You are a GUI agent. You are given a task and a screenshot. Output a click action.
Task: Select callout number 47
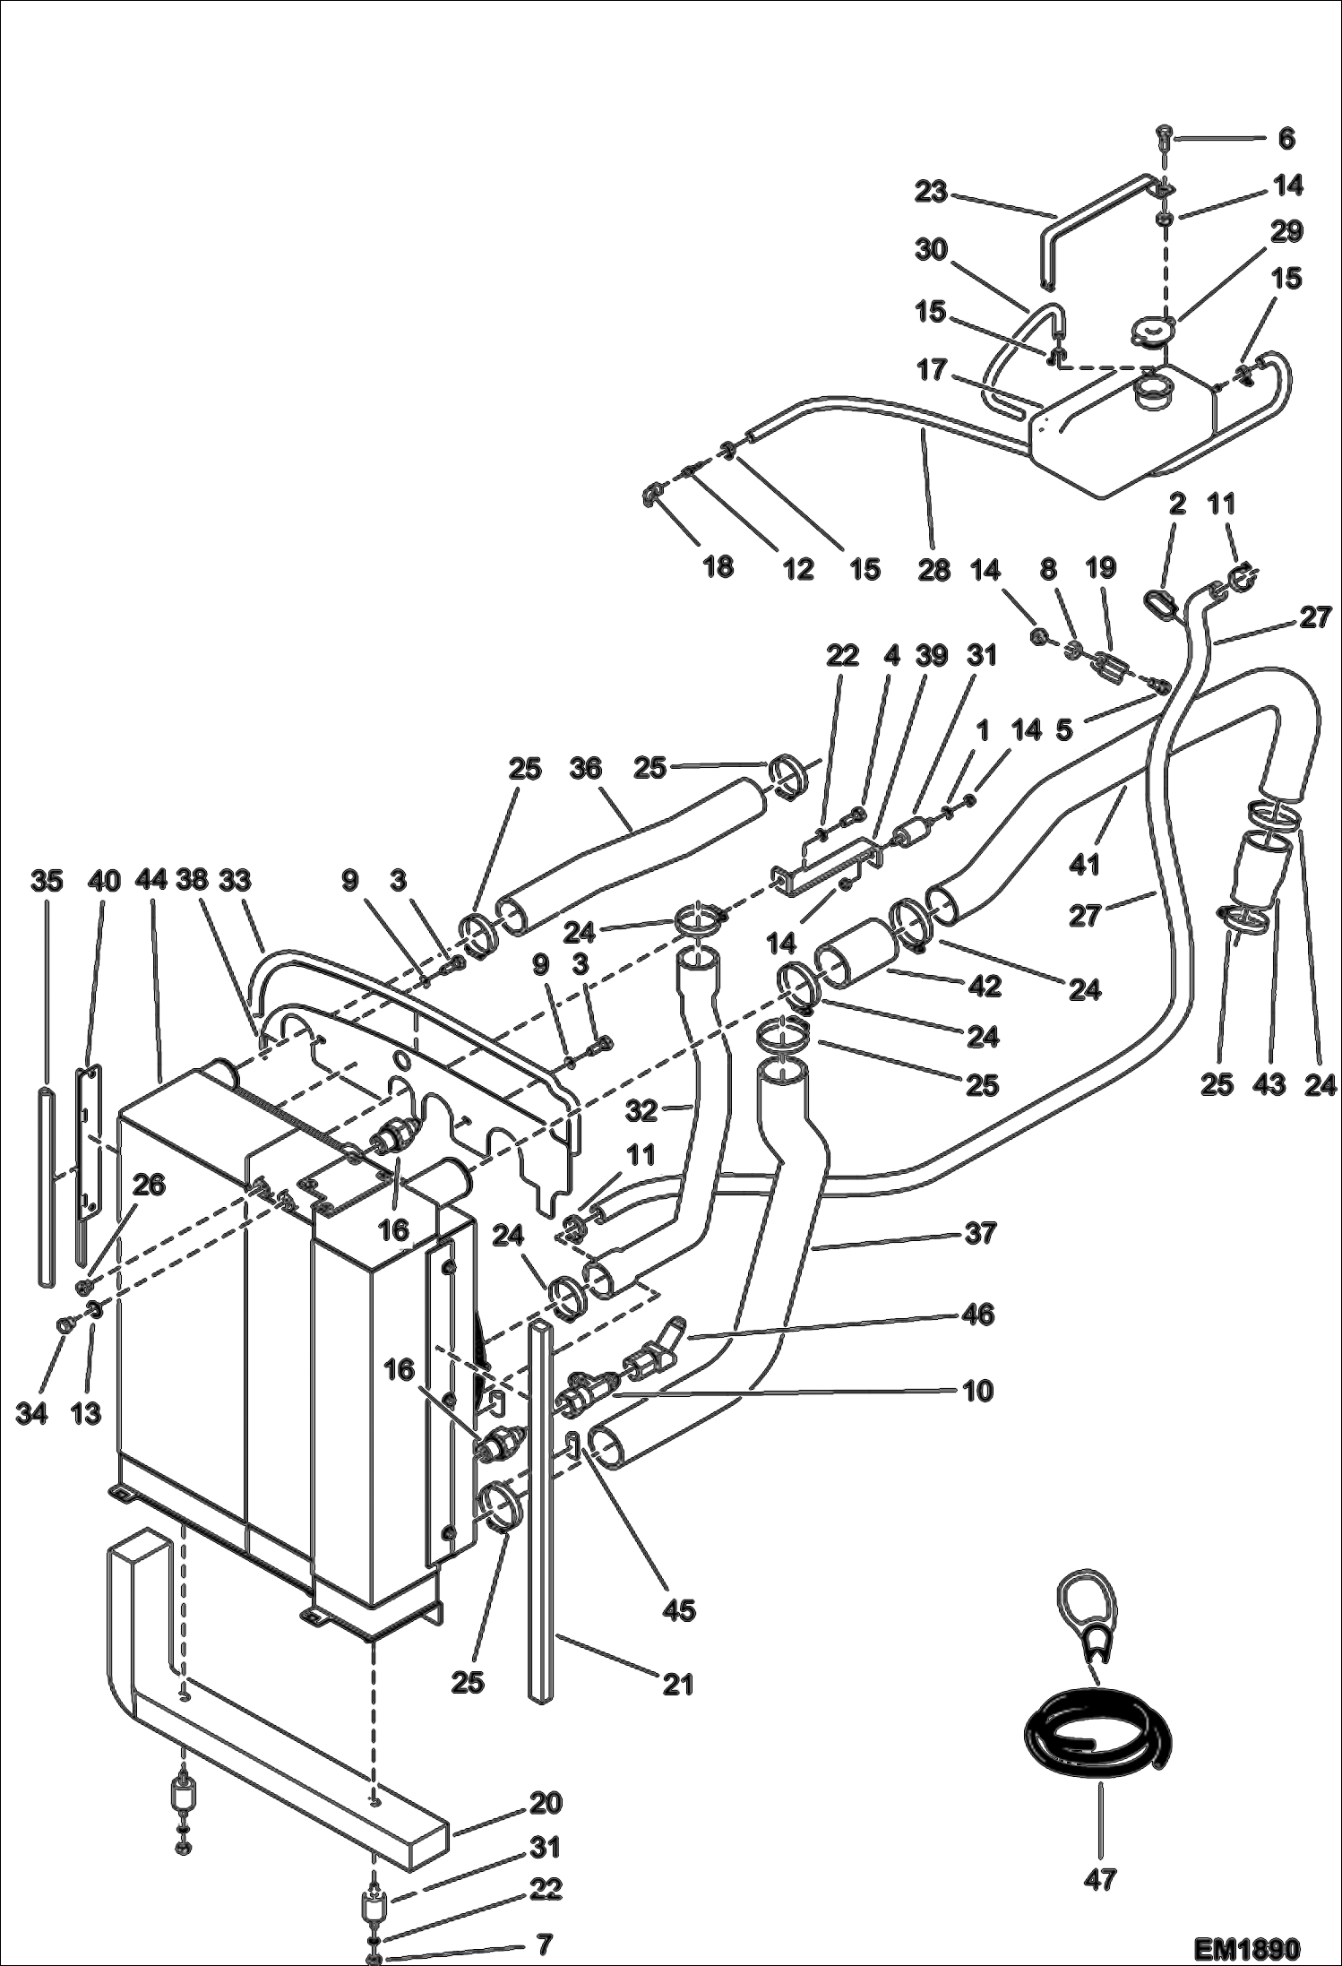click(x=1099, y=1879)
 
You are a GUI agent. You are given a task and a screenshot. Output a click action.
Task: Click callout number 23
click(x=931, y=192)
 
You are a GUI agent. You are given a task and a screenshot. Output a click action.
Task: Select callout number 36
click(x=585, y=768)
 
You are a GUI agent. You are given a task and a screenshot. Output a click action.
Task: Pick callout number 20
click(x=545, y=1801)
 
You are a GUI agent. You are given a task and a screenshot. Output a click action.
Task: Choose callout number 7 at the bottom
click(x=545, y=1944)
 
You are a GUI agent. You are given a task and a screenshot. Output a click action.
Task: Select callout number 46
click(x=978, y=1315)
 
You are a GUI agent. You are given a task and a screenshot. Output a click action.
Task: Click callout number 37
click(x=980, y=1233)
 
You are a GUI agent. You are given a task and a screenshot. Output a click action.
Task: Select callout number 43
click(x=1269, y=1084)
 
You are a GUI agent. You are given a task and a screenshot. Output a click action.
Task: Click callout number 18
click(x=718, y=566)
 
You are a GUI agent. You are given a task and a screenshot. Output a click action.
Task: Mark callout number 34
click(x=32, y=1414)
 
